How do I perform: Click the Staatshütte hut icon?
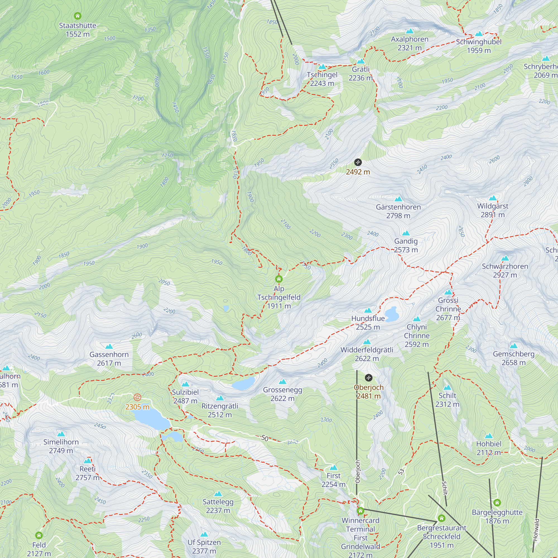77,16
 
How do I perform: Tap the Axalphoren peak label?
410,43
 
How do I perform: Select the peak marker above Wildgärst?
493,198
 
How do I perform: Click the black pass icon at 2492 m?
358,162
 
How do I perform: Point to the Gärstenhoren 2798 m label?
398,211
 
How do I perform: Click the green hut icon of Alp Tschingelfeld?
279,279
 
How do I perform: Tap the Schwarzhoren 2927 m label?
505,270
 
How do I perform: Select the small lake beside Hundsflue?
392,314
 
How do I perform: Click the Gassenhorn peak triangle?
109,346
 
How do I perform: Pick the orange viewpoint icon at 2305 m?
138,397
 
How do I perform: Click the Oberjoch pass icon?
369,377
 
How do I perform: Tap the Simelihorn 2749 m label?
61,446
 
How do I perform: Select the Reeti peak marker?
88,461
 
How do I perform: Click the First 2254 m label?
334,480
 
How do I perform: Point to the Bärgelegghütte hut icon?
497,502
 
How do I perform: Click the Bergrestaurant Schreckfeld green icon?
441,518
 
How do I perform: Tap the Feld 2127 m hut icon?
39,535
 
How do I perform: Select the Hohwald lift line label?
536,530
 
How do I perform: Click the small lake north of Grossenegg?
243,384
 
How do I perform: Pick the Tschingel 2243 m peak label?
322,79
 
